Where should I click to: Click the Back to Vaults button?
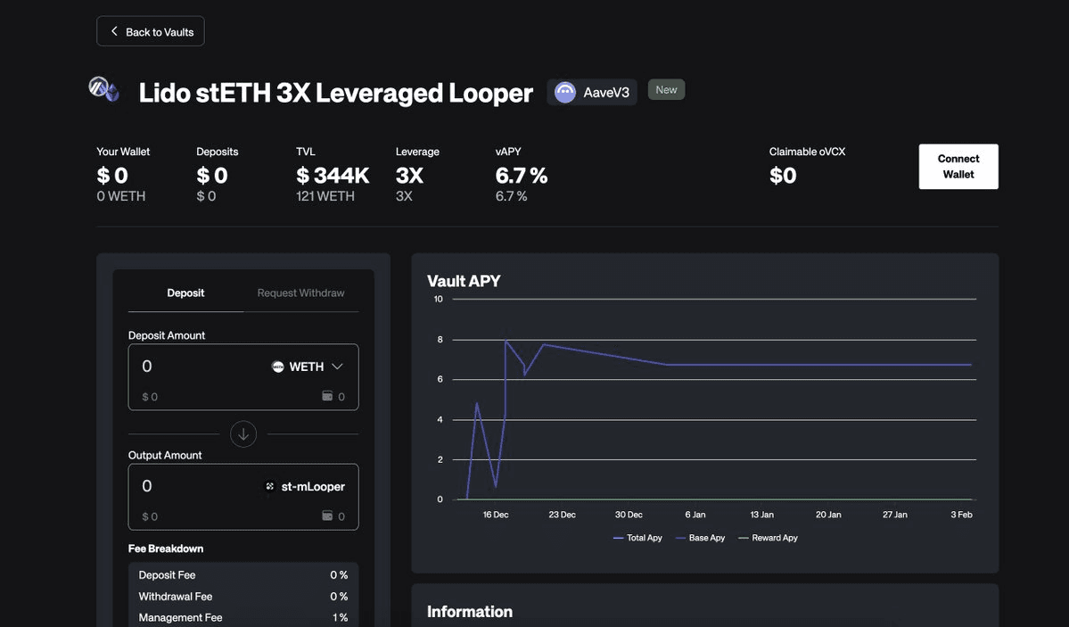(151, 31)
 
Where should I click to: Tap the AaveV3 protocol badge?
(592, 92)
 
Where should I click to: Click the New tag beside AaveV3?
(666, 89)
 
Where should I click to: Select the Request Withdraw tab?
(300, 293)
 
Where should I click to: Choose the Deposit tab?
(185, 293)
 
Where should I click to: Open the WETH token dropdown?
(308, 367)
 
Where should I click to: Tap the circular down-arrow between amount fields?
(243, 434)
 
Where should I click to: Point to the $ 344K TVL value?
(333, 176)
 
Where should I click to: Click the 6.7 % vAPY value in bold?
(522, 176)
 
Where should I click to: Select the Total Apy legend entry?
(637, 538)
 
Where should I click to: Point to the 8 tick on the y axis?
(439, 340)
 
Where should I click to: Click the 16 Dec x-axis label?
(496, 515)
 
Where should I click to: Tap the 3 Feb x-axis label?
(961, 515)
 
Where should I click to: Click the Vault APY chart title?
(464, 281)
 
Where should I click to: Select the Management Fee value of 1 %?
(340, 617)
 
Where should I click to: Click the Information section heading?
(470, 611)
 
